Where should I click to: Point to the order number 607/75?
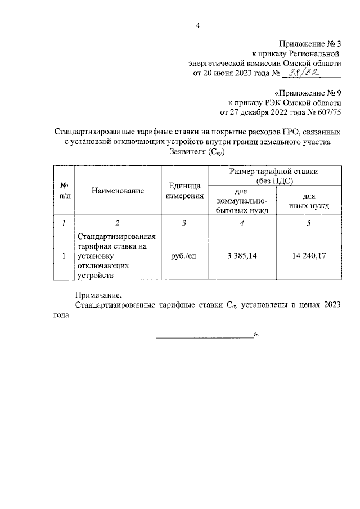325,112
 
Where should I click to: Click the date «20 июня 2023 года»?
232,74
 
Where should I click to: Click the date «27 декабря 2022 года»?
243,112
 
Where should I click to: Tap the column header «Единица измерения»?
184,191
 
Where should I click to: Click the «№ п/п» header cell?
65,191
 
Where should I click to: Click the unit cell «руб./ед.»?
184,256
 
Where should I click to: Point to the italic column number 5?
308,223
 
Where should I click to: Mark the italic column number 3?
184,223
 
